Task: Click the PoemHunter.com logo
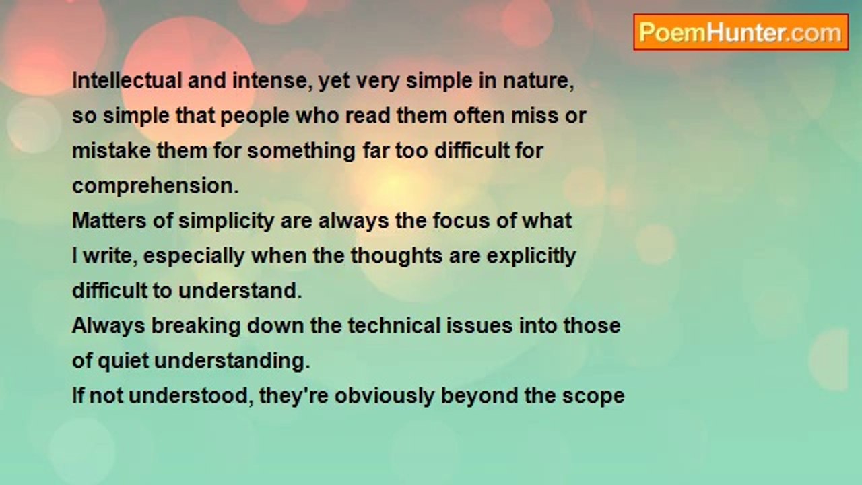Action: [741, 32]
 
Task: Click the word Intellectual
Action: [127, 81]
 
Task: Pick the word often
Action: [479, 116]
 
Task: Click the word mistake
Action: [111, 150]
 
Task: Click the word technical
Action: [394, 325]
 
